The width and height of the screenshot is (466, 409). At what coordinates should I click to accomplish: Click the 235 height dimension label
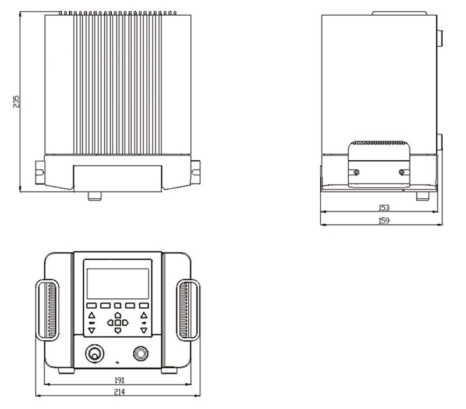coord(17,101)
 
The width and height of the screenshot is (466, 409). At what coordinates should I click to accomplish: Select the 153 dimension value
coord(384,208)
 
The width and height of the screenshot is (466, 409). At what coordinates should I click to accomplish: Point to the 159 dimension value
coord(384,221)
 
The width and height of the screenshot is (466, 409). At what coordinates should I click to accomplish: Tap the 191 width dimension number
coord(119,380)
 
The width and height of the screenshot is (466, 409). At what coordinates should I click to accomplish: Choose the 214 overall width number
coord(119,392)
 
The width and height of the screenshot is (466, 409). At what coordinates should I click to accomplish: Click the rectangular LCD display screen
coord(118,284)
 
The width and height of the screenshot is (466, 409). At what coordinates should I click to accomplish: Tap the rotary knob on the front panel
coord(95,354)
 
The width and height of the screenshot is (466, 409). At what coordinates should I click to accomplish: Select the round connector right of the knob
coord(140,354)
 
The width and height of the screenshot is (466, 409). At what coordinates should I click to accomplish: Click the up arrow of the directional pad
coord(118,315)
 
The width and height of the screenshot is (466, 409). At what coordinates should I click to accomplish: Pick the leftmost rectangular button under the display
coord(91,305)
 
